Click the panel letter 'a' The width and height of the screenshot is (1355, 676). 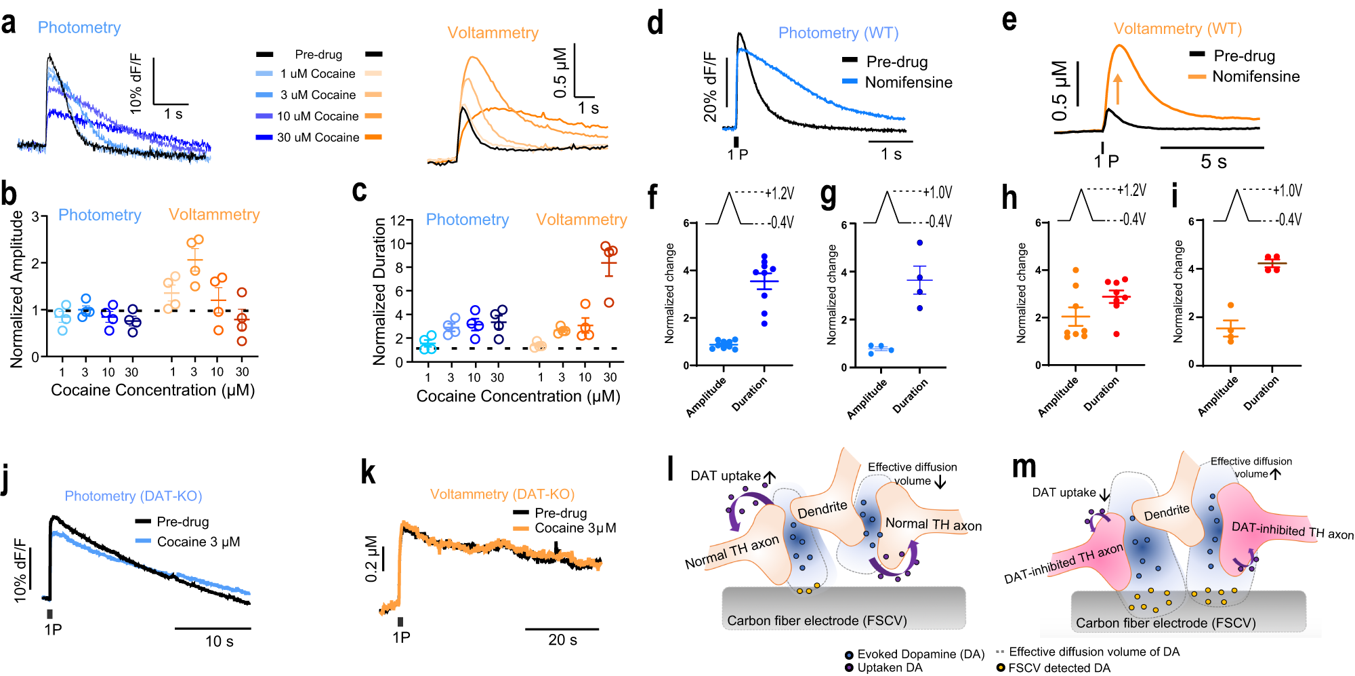coord(9,24)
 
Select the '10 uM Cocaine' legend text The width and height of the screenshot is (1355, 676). coord(318,116)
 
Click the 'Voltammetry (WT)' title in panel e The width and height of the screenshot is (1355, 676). coord(1177,28)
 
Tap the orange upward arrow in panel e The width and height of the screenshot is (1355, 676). coord(1117,89)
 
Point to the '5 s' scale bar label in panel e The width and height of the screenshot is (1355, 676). coord(1213,161)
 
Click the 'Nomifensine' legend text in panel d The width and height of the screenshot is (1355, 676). coord(909,82)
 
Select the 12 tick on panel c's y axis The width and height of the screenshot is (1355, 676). coord(398,220)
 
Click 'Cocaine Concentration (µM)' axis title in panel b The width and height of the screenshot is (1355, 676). coord(152,390)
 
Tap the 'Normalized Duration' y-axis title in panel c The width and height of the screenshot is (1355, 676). coord(379,292)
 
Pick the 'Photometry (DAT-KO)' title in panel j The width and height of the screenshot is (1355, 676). coord(133,496)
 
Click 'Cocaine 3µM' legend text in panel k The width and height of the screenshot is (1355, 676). coord(575,528)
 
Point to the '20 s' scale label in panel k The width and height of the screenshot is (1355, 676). coord(562,639)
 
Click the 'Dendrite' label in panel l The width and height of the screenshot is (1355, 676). coord(822,510)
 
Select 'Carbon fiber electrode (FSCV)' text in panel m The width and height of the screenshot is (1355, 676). coord(1165,622)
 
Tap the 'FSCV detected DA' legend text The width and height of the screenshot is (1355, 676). coord(1059,668)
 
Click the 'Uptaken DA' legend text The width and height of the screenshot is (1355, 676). coord(890,667)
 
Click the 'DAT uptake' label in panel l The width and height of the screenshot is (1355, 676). coord(725,475)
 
